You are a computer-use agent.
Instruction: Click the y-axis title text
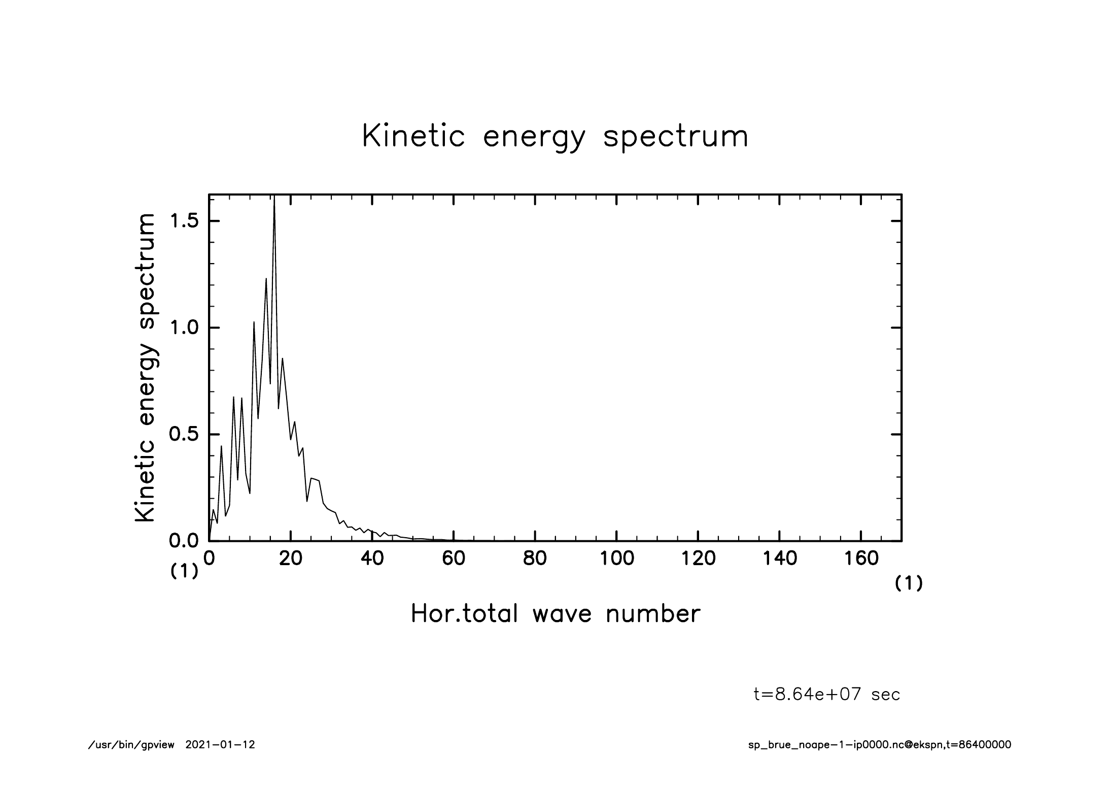[x=145, y=368]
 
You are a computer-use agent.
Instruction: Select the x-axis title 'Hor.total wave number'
[x=555, y=614]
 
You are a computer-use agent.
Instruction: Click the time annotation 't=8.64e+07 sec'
[x=827, y=695]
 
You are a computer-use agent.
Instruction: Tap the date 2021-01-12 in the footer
[x=220, y=745]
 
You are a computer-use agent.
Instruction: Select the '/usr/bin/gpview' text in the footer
[x=131, y=745]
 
